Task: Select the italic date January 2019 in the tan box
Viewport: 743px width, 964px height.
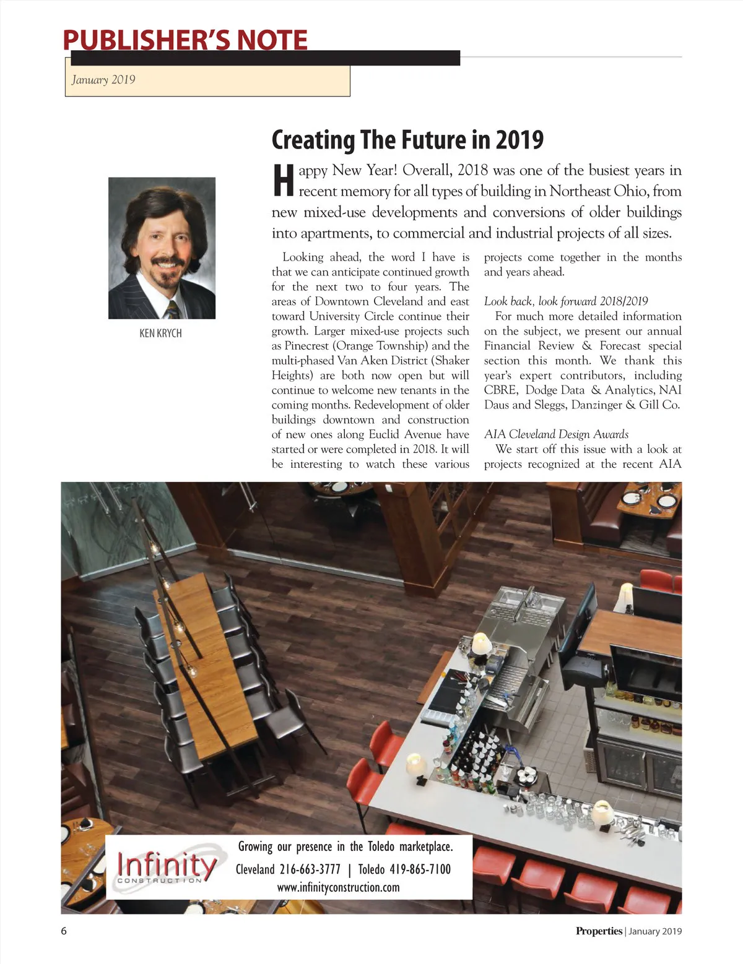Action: click(x=103, y=80)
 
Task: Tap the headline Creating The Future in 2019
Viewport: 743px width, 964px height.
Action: click(x=407, y=139)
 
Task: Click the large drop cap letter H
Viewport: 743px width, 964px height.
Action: click(x=283, y=181)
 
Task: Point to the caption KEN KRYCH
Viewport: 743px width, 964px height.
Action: click(x=160, y=333)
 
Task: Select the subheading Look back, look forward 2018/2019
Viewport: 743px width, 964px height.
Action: click(x=566, y=301)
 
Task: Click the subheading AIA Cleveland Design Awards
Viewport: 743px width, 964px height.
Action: click(x=556, y=434)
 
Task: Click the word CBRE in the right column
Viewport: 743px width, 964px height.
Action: click(x=500, y=390)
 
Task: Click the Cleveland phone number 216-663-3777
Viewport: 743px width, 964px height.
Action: click(x=310, y=869)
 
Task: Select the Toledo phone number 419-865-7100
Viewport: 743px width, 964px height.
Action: click(x=420, y=869)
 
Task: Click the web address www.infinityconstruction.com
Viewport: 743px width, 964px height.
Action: click(x=338, y=887)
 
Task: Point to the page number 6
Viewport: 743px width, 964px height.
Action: click(x=64, y=931)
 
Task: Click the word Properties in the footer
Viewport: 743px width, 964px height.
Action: click(x=598, y=931)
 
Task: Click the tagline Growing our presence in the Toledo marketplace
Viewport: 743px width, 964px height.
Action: click(x=345, y=846)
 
